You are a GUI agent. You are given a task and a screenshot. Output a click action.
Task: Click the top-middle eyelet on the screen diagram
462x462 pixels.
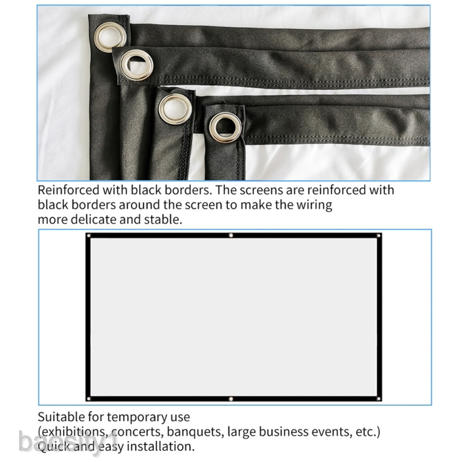(231, 235)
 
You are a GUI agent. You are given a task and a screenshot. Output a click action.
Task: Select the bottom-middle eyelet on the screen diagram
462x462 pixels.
(231, 399)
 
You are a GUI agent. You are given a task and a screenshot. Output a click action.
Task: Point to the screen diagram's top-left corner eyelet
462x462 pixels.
(89, 236)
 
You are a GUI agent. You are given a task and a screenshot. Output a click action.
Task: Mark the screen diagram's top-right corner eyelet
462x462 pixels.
(379, 236)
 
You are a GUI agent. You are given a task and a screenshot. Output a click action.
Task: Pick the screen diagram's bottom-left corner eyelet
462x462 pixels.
(89, 399)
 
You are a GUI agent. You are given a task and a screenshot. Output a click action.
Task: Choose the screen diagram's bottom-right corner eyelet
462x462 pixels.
(379, 399)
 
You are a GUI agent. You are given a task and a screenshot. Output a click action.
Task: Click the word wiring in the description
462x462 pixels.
(313, 205)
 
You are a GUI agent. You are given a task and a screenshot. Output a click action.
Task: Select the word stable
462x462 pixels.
(162, 219)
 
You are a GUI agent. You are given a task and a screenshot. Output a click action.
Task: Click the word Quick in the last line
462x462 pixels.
(53, 447)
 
